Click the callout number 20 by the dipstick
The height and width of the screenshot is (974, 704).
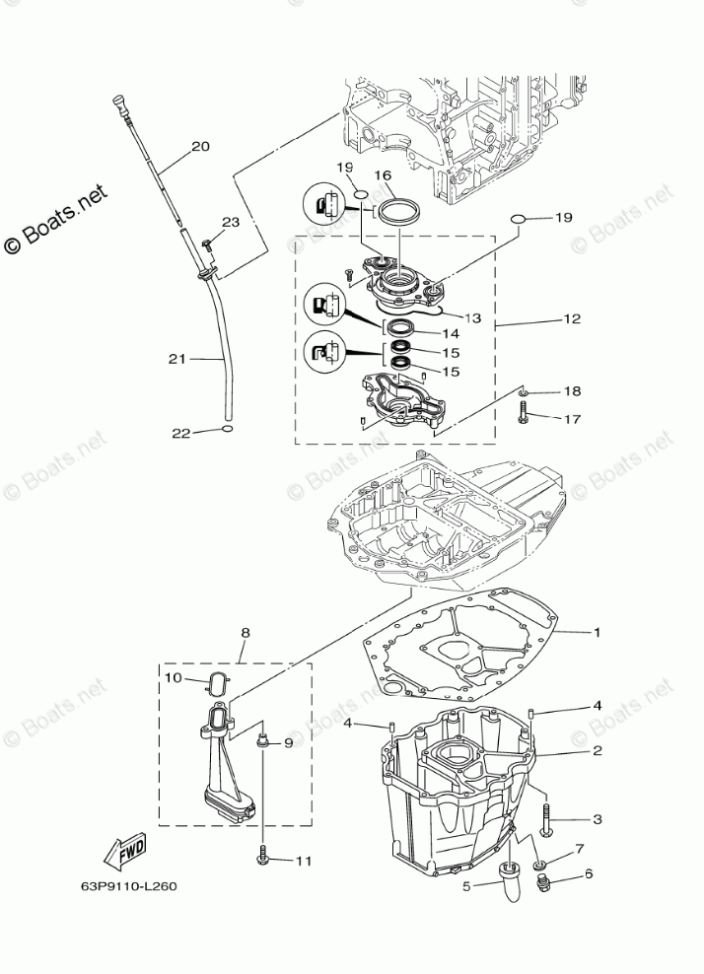[x=200, y=147]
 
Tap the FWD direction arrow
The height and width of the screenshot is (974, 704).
[x=124, y=851]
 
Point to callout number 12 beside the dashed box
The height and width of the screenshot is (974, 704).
[x=572, y=319]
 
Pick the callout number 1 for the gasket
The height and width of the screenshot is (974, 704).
[x=596, y=631]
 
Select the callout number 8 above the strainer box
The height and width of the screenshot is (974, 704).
[x=246, y=633]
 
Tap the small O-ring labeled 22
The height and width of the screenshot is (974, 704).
[x=228, y=430]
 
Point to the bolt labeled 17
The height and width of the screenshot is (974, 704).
[x=523, y=417]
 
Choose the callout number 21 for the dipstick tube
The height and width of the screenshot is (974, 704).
[x=176, y=359]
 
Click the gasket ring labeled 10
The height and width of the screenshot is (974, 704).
[x=219, y=679]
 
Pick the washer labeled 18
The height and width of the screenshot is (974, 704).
[x=524, y=392]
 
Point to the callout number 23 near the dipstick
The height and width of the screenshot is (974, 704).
[x=231, y=223]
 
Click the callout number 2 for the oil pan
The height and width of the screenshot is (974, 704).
[x=597, y=750]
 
